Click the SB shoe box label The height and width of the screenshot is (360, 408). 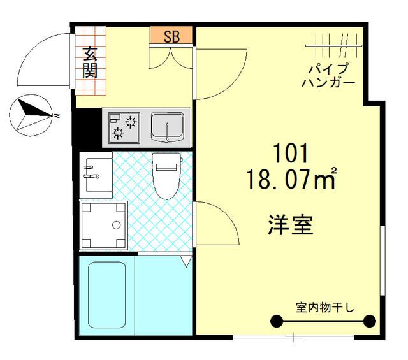click(171, 36)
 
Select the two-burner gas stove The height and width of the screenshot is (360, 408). click(124, 126)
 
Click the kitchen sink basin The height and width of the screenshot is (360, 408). click(168, 126)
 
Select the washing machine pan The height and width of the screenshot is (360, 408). click(104, 224)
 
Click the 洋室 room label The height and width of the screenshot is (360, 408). click(290, 225)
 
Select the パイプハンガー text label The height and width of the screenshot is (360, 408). click(328, 76)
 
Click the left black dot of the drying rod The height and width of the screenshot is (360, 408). click(277, 320)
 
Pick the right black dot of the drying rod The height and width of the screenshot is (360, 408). click(368, 320)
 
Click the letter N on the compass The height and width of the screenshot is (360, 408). click(57, 116)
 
